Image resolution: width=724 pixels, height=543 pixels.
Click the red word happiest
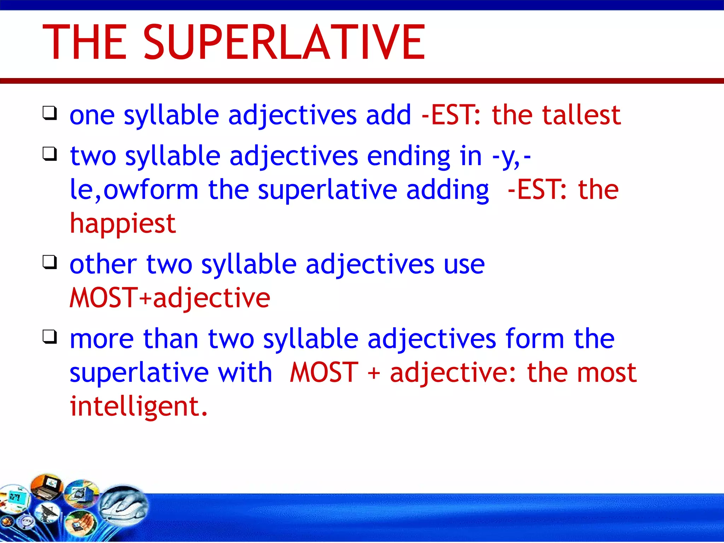coord(123,224)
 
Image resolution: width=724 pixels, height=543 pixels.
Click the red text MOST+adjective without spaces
coord(170,298)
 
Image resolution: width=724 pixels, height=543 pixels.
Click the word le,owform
coord(134,190)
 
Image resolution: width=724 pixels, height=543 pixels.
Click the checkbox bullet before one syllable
coord(49,113)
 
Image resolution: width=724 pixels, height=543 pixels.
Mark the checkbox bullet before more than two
coord(49,337)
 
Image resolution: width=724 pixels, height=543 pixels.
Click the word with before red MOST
coord(245,373)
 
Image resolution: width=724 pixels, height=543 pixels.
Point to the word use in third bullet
coord(464,264)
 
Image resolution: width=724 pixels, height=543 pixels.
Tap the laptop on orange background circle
coord(47,487)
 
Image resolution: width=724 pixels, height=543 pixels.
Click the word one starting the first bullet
coord(92,116)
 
